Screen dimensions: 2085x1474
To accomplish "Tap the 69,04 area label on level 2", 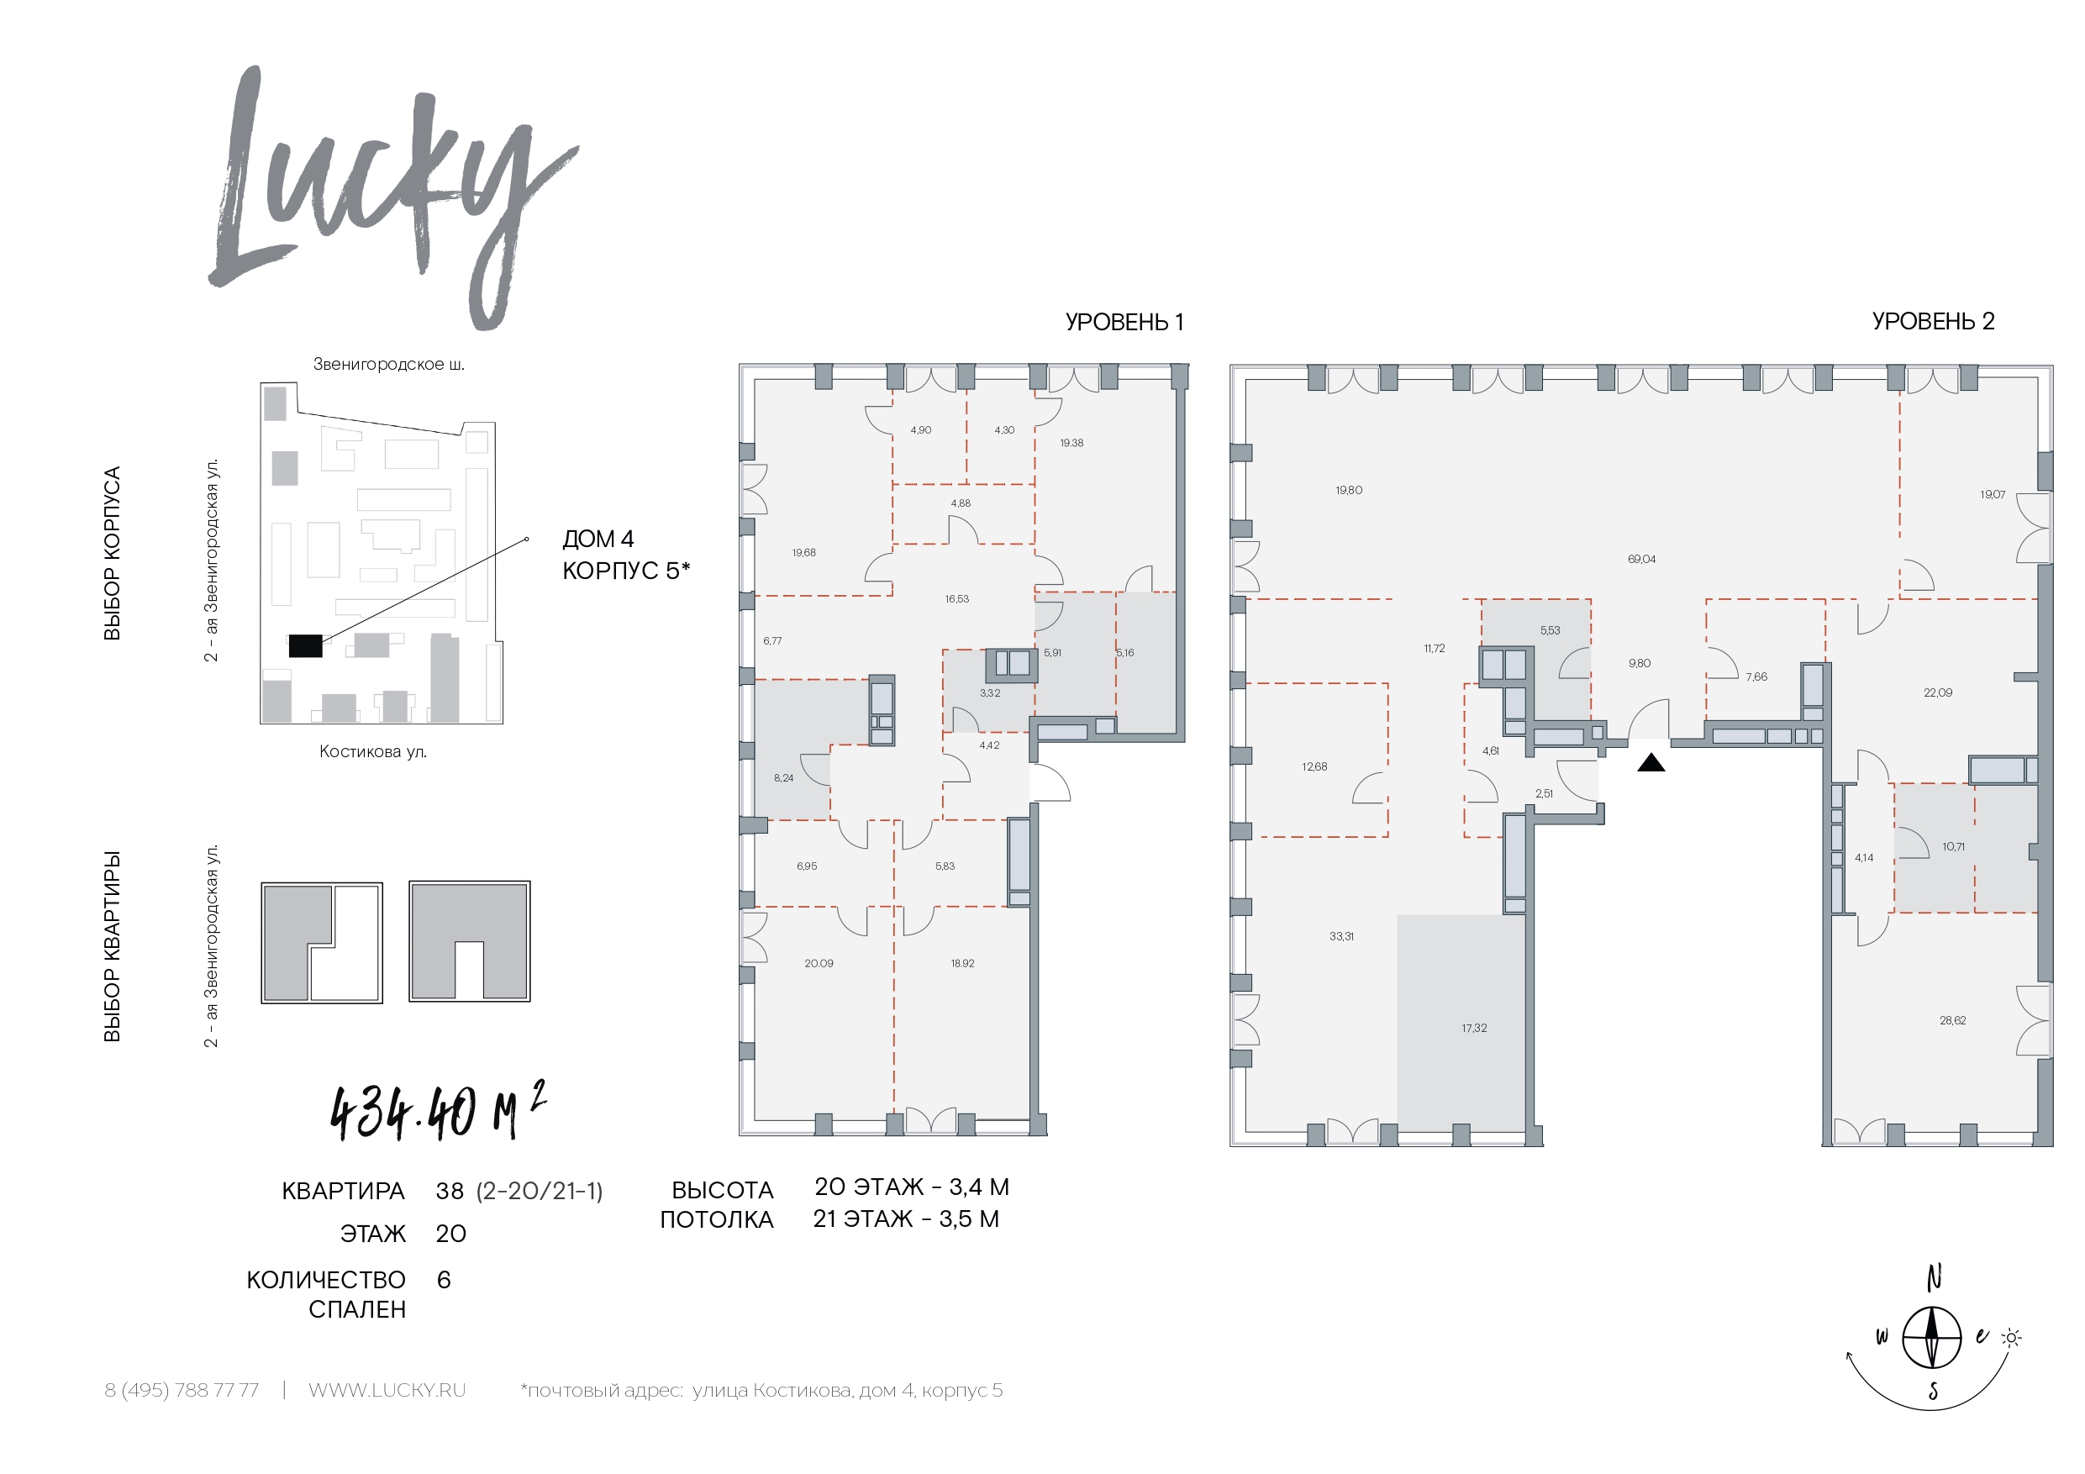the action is (1642, 560).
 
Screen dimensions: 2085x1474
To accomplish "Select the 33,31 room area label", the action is (1341, 936).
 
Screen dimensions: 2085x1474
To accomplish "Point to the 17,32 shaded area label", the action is (1474, 1028).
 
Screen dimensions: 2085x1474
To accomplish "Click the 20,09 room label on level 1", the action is (819, 964).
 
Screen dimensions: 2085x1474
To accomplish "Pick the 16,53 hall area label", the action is (956, 599).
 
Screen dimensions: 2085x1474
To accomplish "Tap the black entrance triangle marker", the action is (1651, 763).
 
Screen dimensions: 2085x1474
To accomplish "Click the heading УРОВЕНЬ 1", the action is (1124, 323).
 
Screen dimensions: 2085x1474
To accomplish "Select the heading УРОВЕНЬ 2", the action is (1934, 322).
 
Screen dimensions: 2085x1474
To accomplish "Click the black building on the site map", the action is (305, 645).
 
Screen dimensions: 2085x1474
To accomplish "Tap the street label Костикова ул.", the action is (372, 752).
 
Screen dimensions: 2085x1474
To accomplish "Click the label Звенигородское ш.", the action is (388, 364).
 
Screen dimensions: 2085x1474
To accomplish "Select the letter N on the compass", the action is (1935, 1278).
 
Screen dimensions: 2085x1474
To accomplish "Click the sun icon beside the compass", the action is (2011, 1338).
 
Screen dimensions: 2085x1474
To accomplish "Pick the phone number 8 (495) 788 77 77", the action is (182, 1391).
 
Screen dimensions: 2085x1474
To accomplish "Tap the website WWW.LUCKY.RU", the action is (387, 1391).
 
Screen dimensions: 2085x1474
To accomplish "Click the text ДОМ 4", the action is (598, 540).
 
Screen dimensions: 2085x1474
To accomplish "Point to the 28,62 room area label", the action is (1952, 1021).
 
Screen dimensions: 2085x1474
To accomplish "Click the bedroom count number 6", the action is (443, 1281).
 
